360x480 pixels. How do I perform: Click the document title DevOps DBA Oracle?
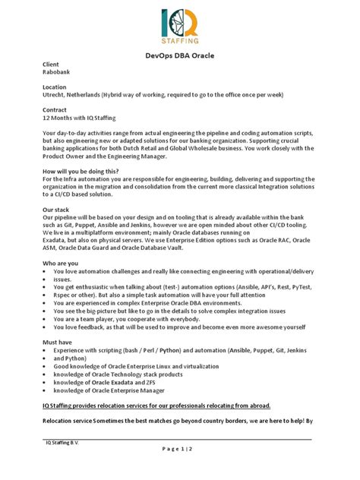click(x=180, y=55)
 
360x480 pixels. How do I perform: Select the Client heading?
click(x=50, y=66)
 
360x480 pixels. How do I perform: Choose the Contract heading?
click(x=55, y=110)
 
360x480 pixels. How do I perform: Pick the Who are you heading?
click(x=60, y=262)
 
